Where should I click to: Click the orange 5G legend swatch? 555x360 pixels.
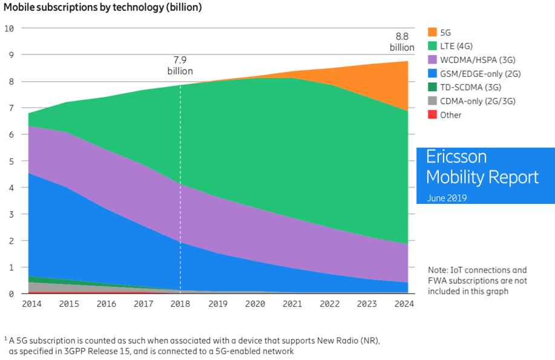click(x=432, y=31)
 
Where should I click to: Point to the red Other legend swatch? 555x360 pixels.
click(x=432, y=115)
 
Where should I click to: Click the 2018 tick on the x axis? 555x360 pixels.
click(x=180, y=304)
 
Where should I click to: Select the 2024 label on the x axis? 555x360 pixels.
click(x=404, y=304)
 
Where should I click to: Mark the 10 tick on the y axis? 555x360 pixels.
click(x=9, y=28)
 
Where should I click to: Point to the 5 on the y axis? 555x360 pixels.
click(x=10, y=161)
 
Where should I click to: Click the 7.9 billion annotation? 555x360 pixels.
click(x=180, y=65)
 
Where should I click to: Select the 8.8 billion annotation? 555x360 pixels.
click(x=401, y=42)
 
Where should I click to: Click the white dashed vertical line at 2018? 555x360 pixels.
click(x=180, y=182)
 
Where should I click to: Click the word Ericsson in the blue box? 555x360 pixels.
click(x=456, y=157)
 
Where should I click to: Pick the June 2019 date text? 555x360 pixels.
click(x=447, y=198)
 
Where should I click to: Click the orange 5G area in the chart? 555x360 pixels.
click(x=387, y=85)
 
